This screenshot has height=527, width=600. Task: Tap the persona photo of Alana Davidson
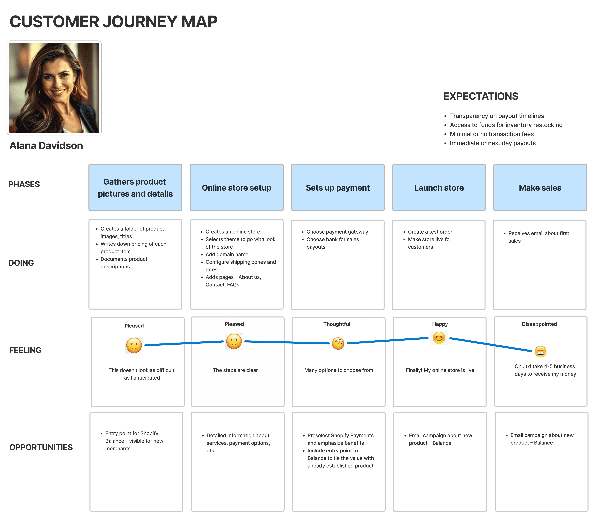click(54, 88)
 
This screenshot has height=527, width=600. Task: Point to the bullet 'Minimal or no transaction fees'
click(492, 134)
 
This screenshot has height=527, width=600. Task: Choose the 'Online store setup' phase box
click(237, 187)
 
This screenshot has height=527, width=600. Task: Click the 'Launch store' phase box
click(439, 187)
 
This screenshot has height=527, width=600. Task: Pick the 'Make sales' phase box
click(540, 187)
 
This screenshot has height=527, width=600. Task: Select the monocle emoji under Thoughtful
click(338, 343)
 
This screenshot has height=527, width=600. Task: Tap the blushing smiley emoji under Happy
click(439, 338)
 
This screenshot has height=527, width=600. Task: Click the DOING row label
click(21, 263)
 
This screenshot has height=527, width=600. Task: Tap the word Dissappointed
click(539, 324)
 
